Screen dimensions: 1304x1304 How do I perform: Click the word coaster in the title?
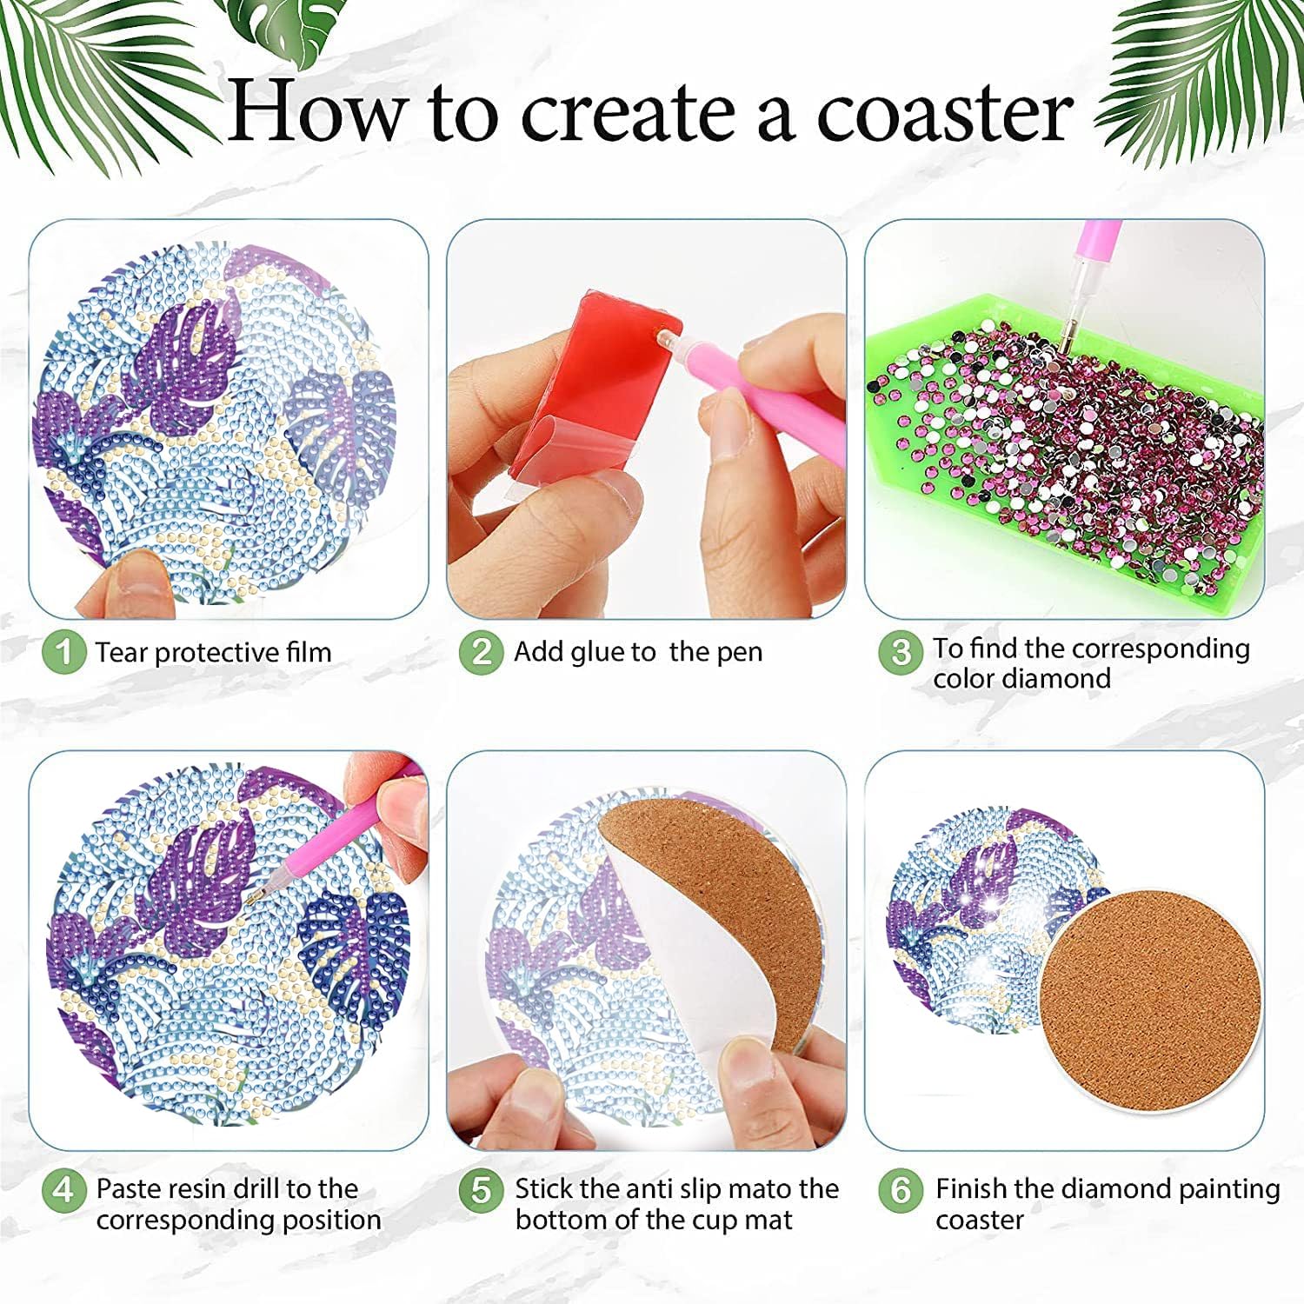[945, 113]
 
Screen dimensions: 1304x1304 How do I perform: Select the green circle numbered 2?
[482, 652]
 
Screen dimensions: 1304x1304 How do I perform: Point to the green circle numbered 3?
[901, 652]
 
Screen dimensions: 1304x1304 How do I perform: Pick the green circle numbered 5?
[482, 1189]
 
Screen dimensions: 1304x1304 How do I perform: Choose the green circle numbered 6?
[901, 1189]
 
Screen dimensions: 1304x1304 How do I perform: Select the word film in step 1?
[308, 652]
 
